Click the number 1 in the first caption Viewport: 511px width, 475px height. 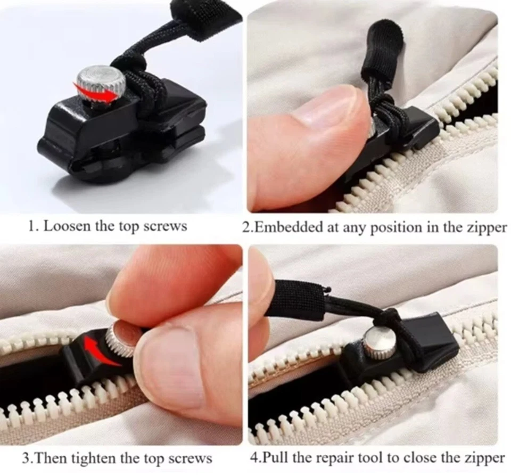tap(31, 226)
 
